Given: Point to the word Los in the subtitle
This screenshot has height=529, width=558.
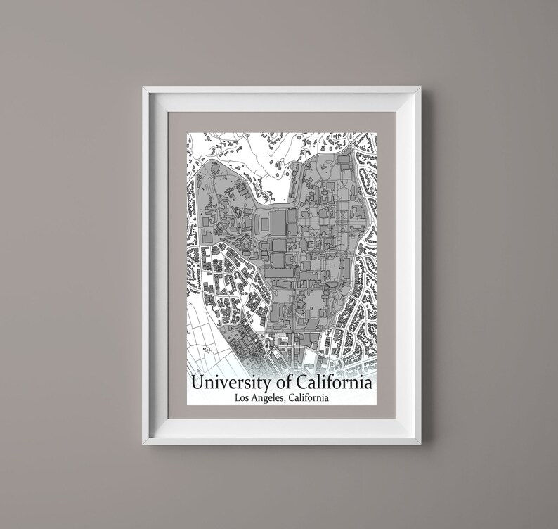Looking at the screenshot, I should [242, 399].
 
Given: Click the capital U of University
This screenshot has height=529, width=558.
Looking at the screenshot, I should [197, 384].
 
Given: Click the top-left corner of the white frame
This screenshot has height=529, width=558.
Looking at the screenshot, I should [143, 87].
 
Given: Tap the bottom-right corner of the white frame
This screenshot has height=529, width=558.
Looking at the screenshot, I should [420, 443].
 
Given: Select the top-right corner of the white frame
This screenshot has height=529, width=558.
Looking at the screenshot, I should [420, 87].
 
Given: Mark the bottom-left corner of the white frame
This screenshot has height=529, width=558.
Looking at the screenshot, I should [143, 443].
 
